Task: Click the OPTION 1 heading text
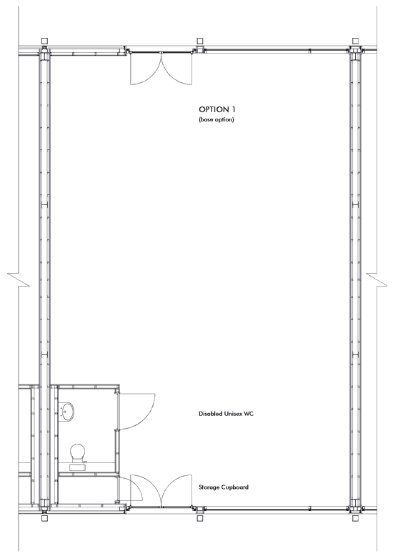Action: tap(217, 109)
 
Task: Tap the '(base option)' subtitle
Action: tap(217, 119)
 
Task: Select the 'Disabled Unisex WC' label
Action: tap(226, 414)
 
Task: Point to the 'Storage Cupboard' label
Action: tap(224, 487)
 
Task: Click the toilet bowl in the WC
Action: tap(78, 452)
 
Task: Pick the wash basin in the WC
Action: tap(67, 411)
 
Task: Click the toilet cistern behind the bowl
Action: tap(78, 467)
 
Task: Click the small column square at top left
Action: tap(44, 41)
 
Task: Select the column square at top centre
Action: tap(200, 41)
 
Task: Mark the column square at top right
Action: tap(355, 41)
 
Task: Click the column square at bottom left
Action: tap(44, 518)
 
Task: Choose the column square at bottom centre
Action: tap(200, 518)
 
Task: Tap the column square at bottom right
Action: tap(355, 518)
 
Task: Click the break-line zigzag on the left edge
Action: tap(19, 279)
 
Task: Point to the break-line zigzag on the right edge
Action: tap(377, 279)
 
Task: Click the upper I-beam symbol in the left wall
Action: tap(44, 204)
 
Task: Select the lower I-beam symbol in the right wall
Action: tap(355, 354)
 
